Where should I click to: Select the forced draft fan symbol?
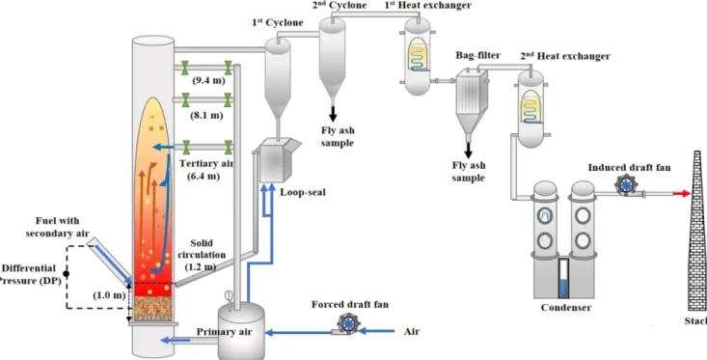tap(347, 323)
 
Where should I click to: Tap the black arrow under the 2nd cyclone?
tap(333, 114)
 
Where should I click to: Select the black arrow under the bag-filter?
tap(469, 149)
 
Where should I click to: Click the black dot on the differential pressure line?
tap(67, 273)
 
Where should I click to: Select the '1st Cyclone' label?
tap(278, 22)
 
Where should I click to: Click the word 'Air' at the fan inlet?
tap(412, 332)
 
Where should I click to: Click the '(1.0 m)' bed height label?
tap(109, 296)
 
